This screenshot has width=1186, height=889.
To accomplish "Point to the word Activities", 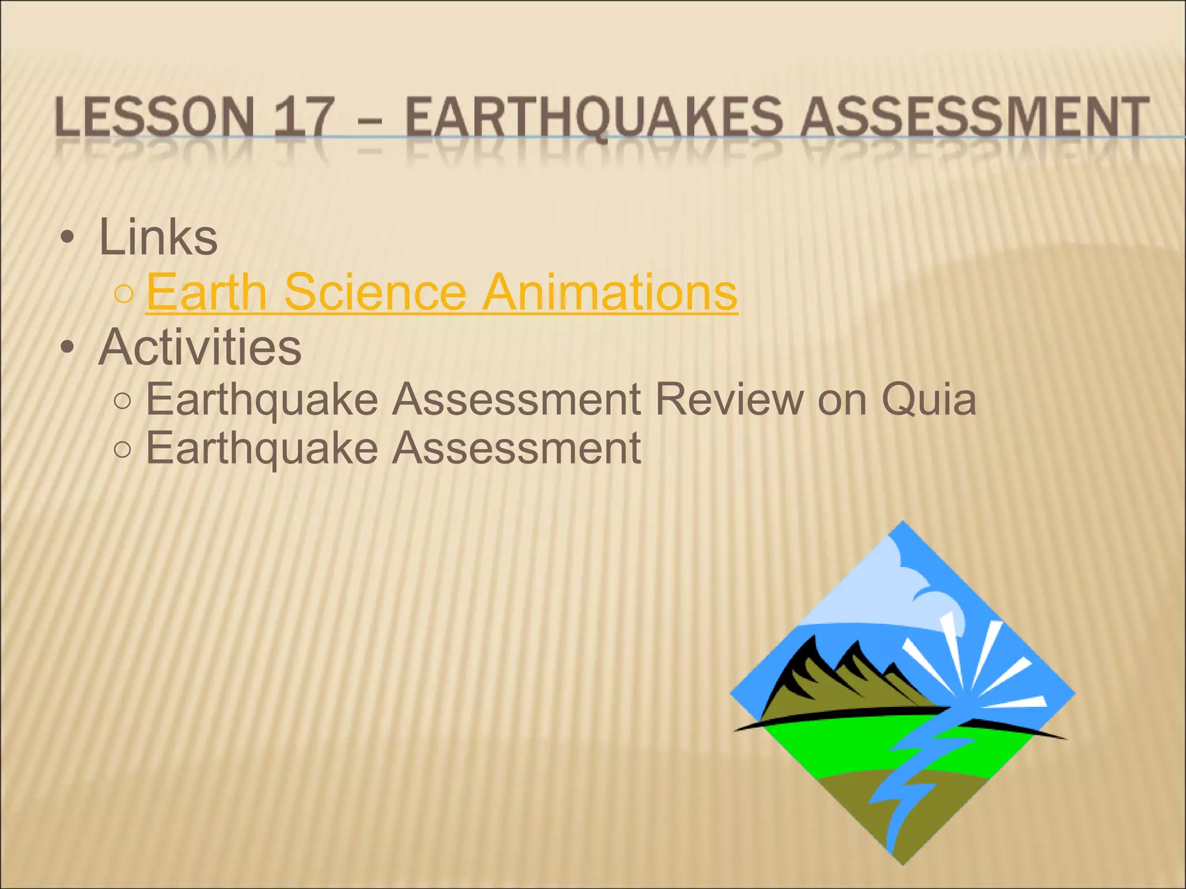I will point(200,347).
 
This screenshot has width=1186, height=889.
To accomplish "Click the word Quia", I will point(929,399).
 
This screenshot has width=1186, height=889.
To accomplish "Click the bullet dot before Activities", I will point(68,348).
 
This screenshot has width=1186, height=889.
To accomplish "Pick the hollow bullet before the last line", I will point(123,450).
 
